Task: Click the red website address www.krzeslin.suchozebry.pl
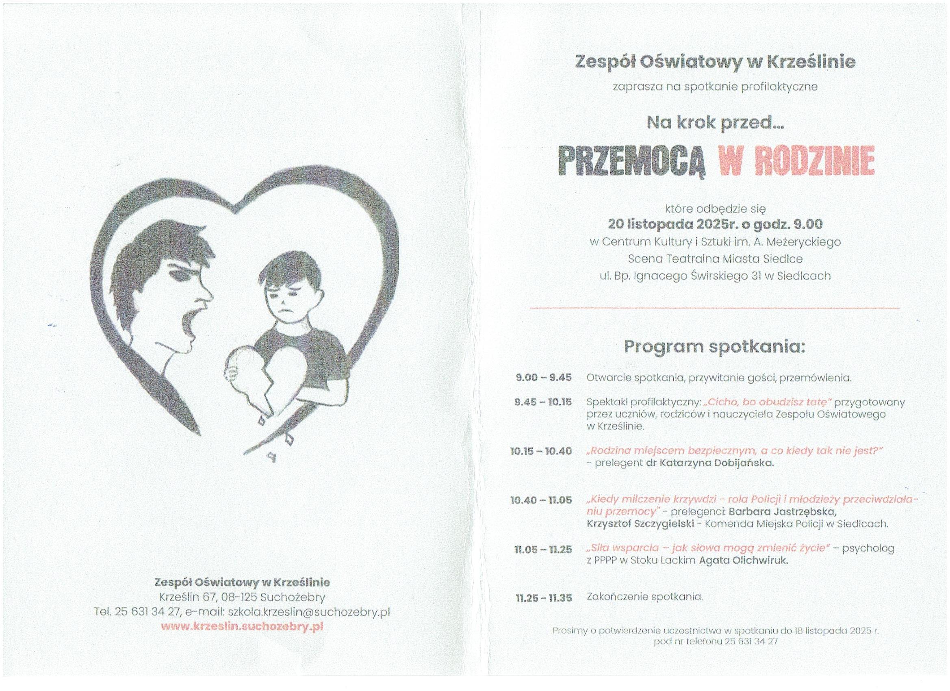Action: click(x=242, y=627)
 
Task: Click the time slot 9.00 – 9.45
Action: click(x=543, y=377)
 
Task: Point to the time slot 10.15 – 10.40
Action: click(x=541, y=451)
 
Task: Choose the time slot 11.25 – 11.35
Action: click(x=543, y=598)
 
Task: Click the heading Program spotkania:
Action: click(x=715, y=347)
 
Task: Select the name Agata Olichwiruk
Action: click(x=744, y=561)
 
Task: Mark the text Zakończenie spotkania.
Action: click(x=644, y=597)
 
